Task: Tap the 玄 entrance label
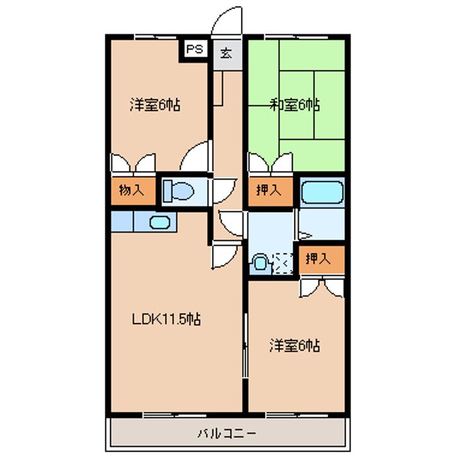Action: pos(226,52)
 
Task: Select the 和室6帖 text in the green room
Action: pos(294,105)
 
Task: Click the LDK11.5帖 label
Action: pos(166,319)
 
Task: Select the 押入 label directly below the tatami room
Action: pos(269,190)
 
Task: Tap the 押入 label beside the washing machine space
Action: pos(318,259)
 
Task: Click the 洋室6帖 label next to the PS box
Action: pos(155,105)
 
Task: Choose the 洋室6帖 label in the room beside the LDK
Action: pos(294,346)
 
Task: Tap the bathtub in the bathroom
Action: pos(322,192)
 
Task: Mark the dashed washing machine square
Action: pos(284,263)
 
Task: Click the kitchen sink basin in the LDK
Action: pos(158,222)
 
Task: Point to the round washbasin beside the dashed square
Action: pos(259,263)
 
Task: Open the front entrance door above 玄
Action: pos(226,22)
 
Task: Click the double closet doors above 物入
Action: pos(133,163)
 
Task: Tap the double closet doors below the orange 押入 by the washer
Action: pos(322,287)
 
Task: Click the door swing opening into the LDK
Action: pos(225,255)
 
